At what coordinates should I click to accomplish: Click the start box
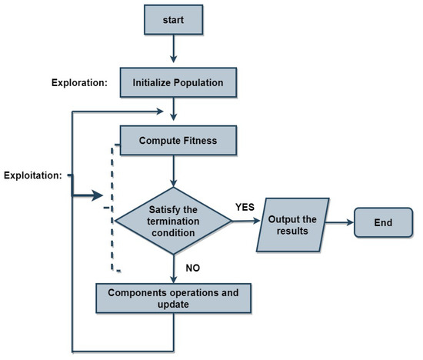[x=176, y=21]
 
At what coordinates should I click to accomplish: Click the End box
[x=384, y=223]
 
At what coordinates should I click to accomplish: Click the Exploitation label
[x=32, y=176]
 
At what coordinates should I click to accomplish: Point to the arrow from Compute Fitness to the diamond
[x=176, y=171]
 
